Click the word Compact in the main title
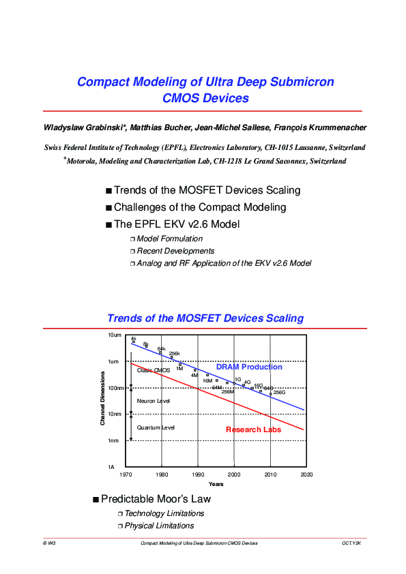(102, 82)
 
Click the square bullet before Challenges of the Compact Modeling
(108, 207)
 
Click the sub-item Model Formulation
(170, 239)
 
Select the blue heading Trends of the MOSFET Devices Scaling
(205, 318)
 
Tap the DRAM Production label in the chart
(249, 367)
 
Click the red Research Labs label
(253, 429)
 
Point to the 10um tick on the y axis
(114, 335)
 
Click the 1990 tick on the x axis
(198, 473)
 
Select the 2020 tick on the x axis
(306, 473)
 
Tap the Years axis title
(216, 484)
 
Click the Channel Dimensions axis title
(102, 399)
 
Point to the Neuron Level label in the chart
(154, 401)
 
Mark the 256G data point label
(279, 393)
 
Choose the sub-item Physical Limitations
(159, 526)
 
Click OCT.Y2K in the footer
(351, 543)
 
